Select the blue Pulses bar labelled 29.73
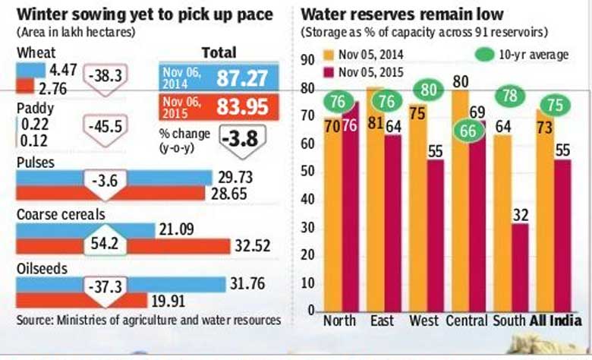pyautogui.click(x=114, y=178)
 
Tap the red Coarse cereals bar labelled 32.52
pyautogui.click(x=123, y=246)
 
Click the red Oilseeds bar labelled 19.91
pyautogui.click(x=81, y=300)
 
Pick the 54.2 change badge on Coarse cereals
pyautogui.click(x=105, y=241)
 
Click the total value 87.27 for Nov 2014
pyautogui.click(x=242, y=77)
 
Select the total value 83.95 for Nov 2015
pyautogui.click(x=242, y=107)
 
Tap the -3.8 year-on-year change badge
pyautogui.click(x=242, y=141)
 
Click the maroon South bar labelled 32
pyautogui.click(x=520, y=268)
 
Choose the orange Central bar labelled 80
pyautogui.click(x=461, y=201)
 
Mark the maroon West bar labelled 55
pyautogui.click(x=436, y=235)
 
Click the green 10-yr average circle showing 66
pyautogui.click(x=468, y=131)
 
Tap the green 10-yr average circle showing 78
pyautogui.click(x=510, y=96)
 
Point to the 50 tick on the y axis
pyautogui.click(x=307, y=172)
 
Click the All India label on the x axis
pyautogui.click(x=556, y=321)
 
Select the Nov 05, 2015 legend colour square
pyautogui.click(x=329, y=72)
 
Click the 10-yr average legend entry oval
pyautogui.click(x=485, y=55)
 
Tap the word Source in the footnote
pyautogui.click(x=35, y=321)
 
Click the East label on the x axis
pyautogui.click(x=382, y=321)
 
